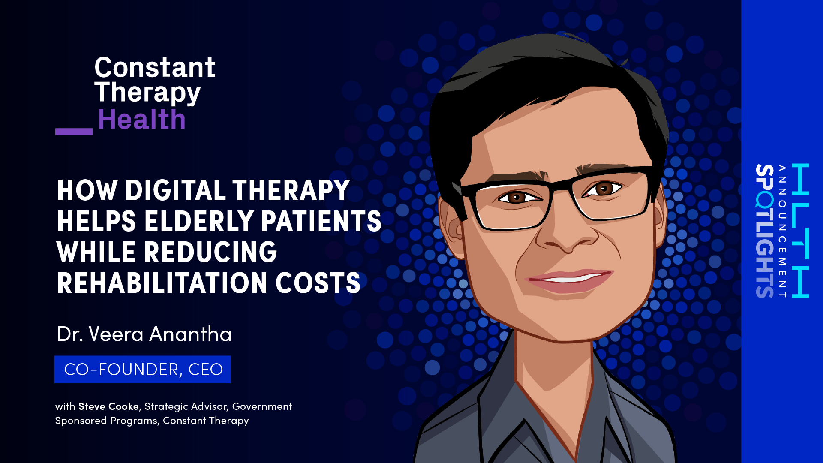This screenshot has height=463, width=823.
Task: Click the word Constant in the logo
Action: pos(155,67)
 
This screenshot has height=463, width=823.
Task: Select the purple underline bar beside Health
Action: pos(74,132)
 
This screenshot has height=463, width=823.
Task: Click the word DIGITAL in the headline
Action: pos(175,190)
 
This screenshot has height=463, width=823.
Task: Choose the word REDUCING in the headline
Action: pos(210,252)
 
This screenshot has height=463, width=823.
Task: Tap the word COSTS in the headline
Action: pos(318,283)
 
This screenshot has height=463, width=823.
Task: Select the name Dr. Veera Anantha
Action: pos(144,334)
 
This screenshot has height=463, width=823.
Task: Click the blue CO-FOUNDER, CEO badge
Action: pos(142,369)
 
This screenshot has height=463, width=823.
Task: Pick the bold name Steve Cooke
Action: pos(108,406)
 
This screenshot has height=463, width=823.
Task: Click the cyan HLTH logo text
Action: pos(800,230)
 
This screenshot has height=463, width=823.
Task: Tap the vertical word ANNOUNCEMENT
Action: pos(782,231)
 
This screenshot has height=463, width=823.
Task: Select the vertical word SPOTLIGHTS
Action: pos(765,231)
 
